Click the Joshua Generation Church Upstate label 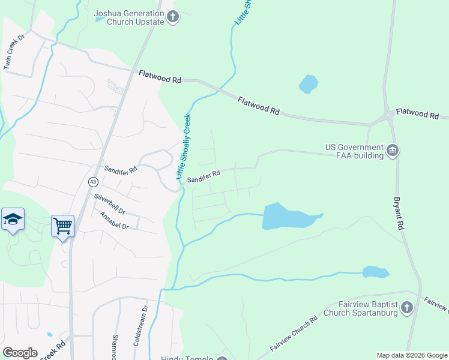click(x=129, y=17)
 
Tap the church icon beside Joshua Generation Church click(x=173, y=17)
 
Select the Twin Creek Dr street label click(x=14, y=52)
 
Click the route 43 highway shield click(x=92, y=181)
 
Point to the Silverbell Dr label click(x=109, y=203)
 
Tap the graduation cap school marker click(x=13, y=220)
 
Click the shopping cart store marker click(x=62, y=226)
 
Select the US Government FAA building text click(x=354, y=151)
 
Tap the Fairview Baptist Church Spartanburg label click(x=360, y=308)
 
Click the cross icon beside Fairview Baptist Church click(x=407, y=308)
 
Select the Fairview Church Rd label click(x=294, y=334)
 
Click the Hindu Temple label click(x=187, y=358)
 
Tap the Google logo click(x=20, y=353)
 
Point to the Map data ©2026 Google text click(x=412, y=355)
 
